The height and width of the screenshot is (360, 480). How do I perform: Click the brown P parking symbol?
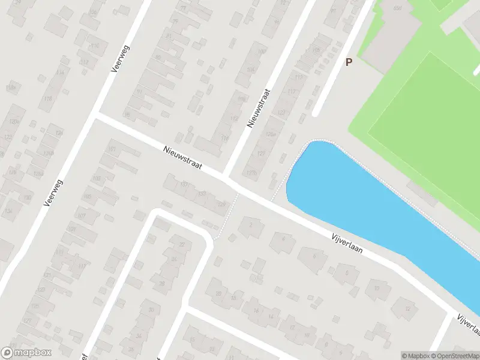click(349, 61)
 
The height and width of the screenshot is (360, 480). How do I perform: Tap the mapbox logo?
click(26, 353)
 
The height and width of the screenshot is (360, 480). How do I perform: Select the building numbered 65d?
click(397, 8)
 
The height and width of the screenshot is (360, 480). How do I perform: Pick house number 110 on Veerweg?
click(94, 46)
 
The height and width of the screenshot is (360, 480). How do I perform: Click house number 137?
click(184, 184)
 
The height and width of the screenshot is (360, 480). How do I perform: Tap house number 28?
click(161, 284)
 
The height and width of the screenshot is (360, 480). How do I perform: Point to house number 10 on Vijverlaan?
click(377, 288)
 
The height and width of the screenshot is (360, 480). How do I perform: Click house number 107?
click(82, 215)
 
